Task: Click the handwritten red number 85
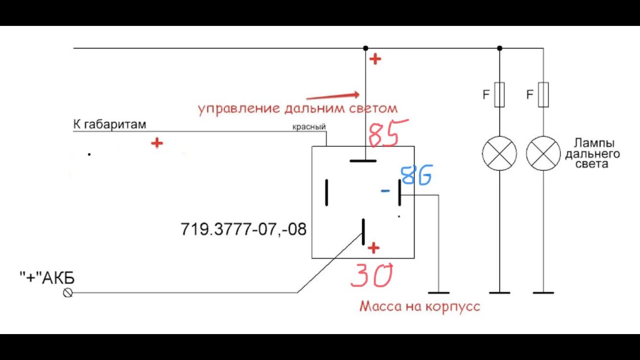(x=387, y=133)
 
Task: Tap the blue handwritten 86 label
(x=417, y=175)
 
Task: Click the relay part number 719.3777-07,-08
(x=243, y=229)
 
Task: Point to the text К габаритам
(x=109, y=125)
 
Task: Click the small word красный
(x=309, y=127)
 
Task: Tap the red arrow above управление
(x=332, y=96)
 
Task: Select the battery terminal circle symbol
(x=68, y=292)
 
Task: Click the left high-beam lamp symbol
(x=499, y=154)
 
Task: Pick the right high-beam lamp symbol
(x=544, y=154)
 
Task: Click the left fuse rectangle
(x=499, y=95)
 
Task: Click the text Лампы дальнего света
(x=593, y=154)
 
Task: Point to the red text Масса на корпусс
(x=420, y=306)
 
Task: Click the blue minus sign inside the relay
(x=385, y=191)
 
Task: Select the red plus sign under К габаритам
(x=156, y=143)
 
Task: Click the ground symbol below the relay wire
(x=439, y=292)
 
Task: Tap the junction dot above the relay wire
(x=366, y=48)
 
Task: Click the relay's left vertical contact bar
(x=327, y=192)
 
